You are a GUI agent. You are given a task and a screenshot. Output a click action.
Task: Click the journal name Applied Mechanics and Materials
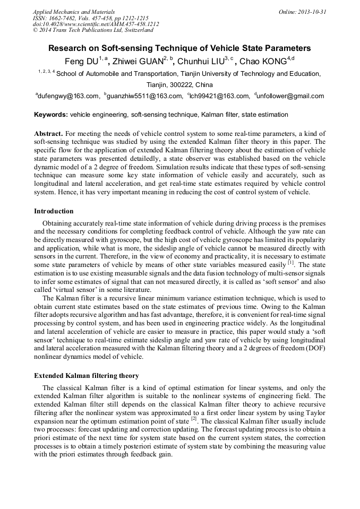click(x=73, y=11)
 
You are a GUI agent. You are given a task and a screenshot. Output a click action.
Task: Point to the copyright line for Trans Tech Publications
click(x=93, y=30)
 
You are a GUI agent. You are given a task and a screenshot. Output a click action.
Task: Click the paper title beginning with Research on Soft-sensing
click(x=179, y=48)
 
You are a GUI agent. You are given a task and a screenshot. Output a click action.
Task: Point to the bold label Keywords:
click(x=51, y=115)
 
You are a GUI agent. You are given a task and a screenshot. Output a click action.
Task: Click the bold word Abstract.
click(x=48, y=133)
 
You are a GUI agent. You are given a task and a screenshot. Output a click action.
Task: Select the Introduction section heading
click(x=54, y=211)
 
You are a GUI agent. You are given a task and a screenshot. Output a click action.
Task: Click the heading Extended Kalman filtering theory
click(x=87, y=376)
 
